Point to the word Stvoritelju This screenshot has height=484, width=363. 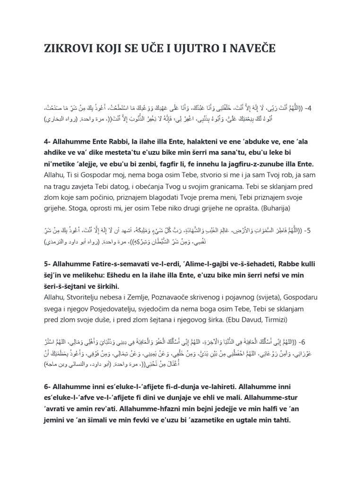tap(89, 297)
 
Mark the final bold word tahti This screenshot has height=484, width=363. tap(278, 420)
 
